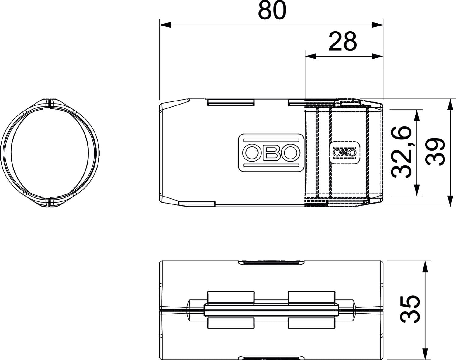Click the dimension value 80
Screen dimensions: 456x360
[x=272, y=11]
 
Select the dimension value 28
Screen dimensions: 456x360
[x=343, y=42]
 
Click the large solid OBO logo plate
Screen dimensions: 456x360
[x=271, y=153]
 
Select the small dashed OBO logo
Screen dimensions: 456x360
[x=344, y=153]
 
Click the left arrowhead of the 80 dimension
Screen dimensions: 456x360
[x=165, y=25]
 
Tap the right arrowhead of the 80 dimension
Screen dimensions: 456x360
[x=378, y=25]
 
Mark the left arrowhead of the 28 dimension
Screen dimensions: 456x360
[x=310, y=56]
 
